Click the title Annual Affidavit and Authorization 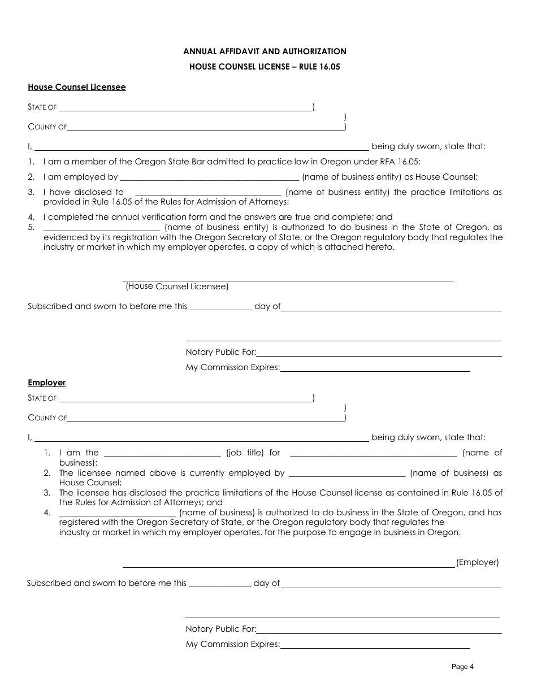[265, 51]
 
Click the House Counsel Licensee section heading [77, 87]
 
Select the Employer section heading [47, 383]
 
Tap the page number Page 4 [462, 667]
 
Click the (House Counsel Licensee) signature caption [177, 286]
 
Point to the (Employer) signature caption [478, 562]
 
